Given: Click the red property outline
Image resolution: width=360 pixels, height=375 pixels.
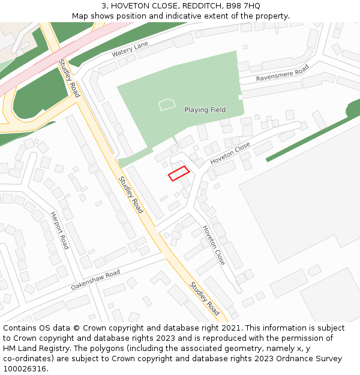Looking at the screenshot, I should coord(179,173).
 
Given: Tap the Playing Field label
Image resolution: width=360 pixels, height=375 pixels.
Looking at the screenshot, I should coord(205,110).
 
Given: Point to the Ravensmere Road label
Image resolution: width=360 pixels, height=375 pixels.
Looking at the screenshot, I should coord(282,73).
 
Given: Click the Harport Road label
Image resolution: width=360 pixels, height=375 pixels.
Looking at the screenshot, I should coord(60,230).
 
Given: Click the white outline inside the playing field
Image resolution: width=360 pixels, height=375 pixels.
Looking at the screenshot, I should coord(167,105).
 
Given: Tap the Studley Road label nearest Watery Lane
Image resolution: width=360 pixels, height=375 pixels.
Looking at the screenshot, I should coord(69,78).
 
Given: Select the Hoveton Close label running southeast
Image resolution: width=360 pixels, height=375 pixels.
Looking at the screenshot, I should coord(214,245).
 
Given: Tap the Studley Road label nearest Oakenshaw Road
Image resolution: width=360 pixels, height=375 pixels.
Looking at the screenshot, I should coord(205,298).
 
